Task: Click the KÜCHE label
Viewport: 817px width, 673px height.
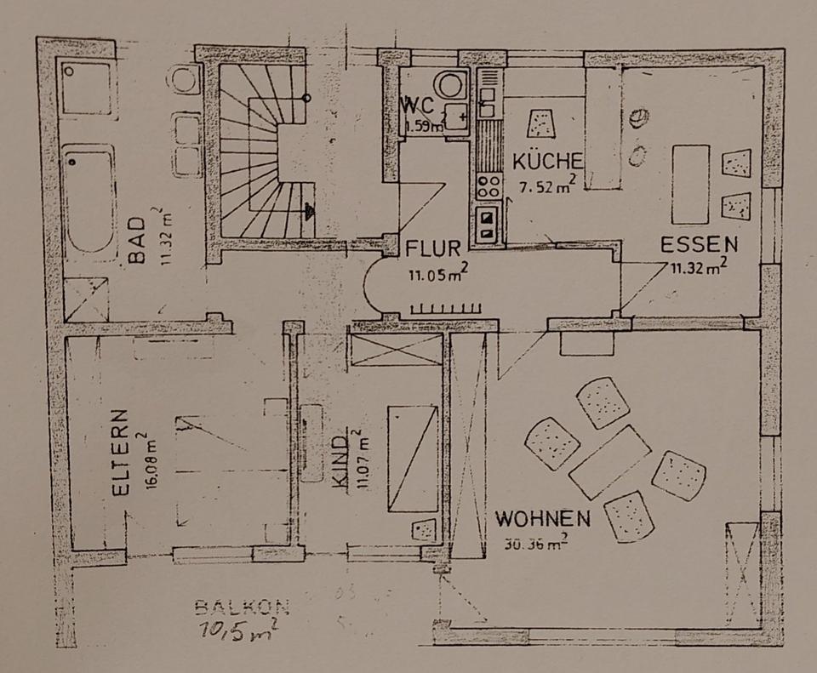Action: (x=547, y=161)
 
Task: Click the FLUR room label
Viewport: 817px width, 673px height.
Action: (x=433, y=249)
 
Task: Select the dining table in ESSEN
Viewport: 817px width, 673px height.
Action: (x=690, y=184)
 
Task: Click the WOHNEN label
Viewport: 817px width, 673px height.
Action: (x=543, y=517)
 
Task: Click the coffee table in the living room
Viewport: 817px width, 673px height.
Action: (x=609, y=462)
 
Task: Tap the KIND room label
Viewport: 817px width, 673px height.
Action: (x=340, y=465)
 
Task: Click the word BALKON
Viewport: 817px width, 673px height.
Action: (x=242, y=607)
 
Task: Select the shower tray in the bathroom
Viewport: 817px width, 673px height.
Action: (x=87, y=299)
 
